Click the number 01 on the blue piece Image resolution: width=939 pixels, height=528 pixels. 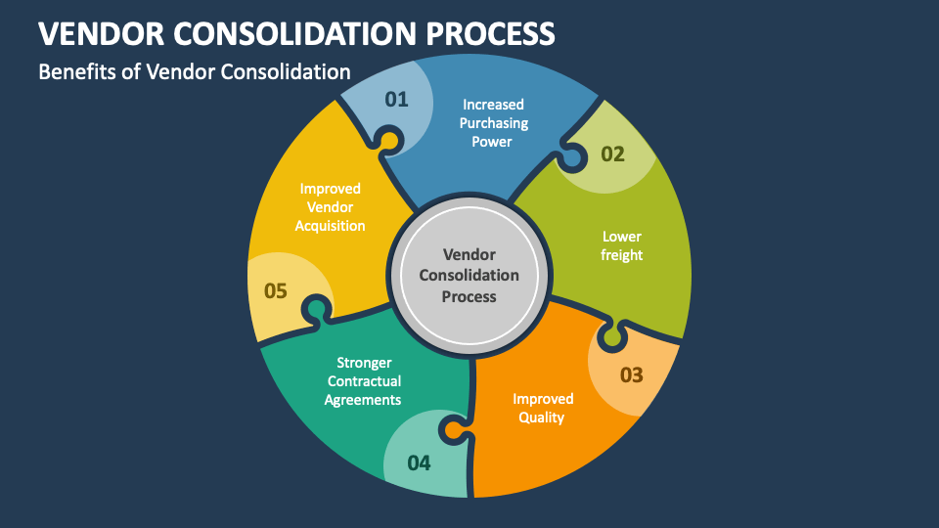396,100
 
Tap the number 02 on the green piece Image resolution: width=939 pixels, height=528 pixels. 612,154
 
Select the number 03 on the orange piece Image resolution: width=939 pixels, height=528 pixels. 631,375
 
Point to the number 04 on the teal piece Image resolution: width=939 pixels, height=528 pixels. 419,462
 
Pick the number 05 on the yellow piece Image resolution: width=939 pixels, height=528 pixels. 276,291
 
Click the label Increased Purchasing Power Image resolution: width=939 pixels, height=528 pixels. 493,123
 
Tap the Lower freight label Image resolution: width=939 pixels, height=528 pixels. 622,246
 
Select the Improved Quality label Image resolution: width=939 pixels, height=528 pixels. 543,409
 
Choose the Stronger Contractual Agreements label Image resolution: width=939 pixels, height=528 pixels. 364,381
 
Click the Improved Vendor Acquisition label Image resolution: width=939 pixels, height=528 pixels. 330,207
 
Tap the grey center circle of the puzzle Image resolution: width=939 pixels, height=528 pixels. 469,276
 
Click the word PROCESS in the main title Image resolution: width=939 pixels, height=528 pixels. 490,33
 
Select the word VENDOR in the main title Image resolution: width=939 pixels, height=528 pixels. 101,33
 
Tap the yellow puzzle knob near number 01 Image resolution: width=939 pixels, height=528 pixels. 388,140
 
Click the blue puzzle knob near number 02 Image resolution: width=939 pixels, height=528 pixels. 572,158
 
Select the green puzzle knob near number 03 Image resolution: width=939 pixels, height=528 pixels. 612,337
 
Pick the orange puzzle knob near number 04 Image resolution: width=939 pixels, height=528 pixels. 453,430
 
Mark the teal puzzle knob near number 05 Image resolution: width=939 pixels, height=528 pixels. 317,309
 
